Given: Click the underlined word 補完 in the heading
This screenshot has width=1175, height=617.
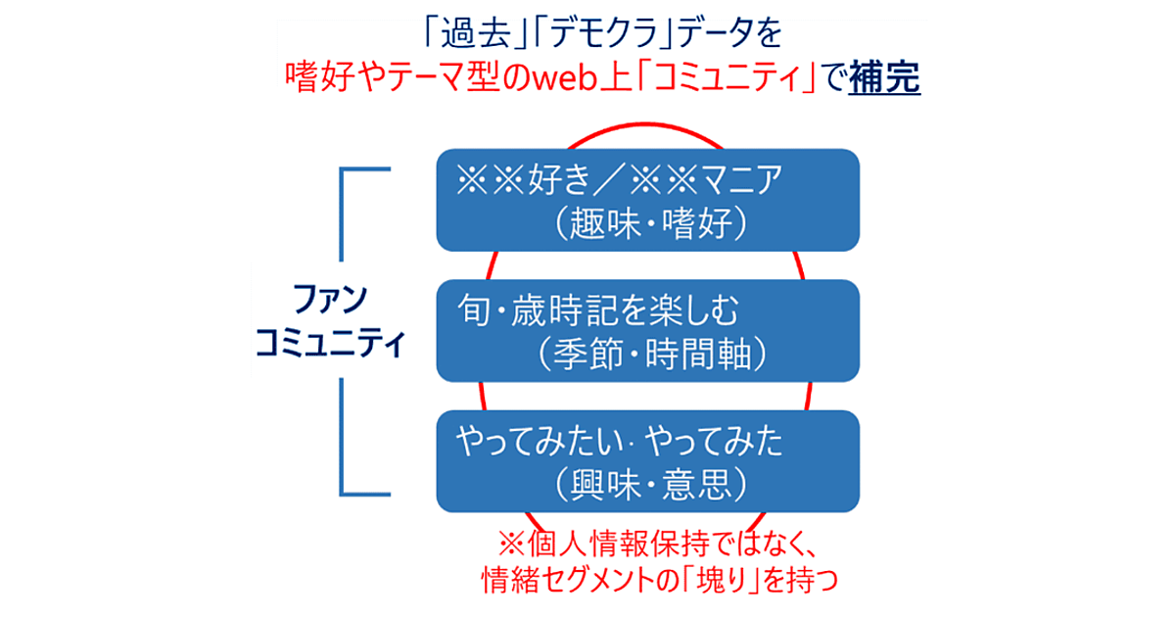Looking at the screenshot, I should click(x=884, y=76).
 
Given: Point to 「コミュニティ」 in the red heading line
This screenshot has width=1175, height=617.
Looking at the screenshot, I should click(x=722, y=77).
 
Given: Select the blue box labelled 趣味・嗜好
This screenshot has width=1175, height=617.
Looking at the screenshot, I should click(x=646, y=199).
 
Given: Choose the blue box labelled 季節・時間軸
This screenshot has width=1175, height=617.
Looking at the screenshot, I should click(x=646, y=331).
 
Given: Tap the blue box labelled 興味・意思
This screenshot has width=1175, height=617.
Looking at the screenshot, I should click(x=646, y=461).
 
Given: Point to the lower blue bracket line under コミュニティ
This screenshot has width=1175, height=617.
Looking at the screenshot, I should click(x=342, y=441).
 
